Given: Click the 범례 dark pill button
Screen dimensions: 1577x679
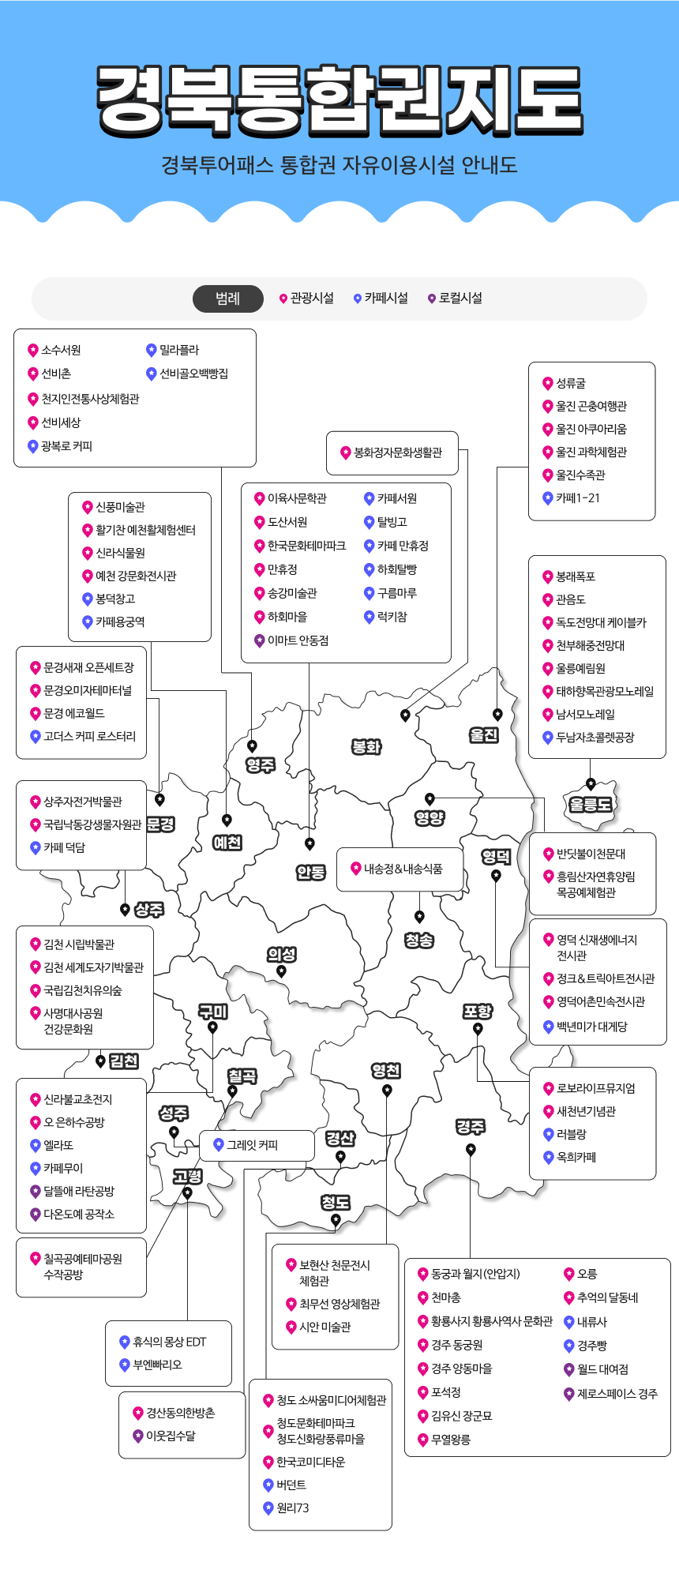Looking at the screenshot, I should coord(228,299).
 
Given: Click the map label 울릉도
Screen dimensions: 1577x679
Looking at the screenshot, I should coord(590,805).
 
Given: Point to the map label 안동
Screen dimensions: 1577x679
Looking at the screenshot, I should coord(310,872).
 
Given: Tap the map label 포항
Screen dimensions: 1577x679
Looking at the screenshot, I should coord(478,1012).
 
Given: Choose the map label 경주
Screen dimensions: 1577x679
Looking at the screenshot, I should coord(471,1127).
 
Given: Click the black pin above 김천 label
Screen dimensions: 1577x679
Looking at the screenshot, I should coord(100,1061).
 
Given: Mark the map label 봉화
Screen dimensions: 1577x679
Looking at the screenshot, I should coord(366,746).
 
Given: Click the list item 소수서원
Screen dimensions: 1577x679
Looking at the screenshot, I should coord(61,350).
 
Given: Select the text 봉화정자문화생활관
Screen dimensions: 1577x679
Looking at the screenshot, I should coord(397,452).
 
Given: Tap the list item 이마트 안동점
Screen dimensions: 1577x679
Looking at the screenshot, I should coord(298,640).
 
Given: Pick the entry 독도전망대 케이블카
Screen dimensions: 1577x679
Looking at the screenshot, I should coord(601,622).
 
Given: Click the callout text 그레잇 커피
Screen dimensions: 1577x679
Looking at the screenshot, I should coord(252,1145).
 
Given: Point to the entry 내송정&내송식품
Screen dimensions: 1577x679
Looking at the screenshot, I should coord(403,869).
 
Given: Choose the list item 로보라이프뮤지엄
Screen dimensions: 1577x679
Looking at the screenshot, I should coord(595,1088).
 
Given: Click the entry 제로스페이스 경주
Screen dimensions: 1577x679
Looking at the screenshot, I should coord(617,1394).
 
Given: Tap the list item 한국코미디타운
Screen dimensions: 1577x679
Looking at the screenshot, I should coord(310,1462).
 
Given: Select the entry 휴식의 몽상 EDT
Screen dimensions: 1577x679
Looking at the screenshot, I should coord(169,1342).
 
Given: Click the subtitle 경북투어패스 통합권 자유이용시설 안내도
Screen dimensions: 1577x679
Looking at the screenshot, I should coord(339,165).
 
